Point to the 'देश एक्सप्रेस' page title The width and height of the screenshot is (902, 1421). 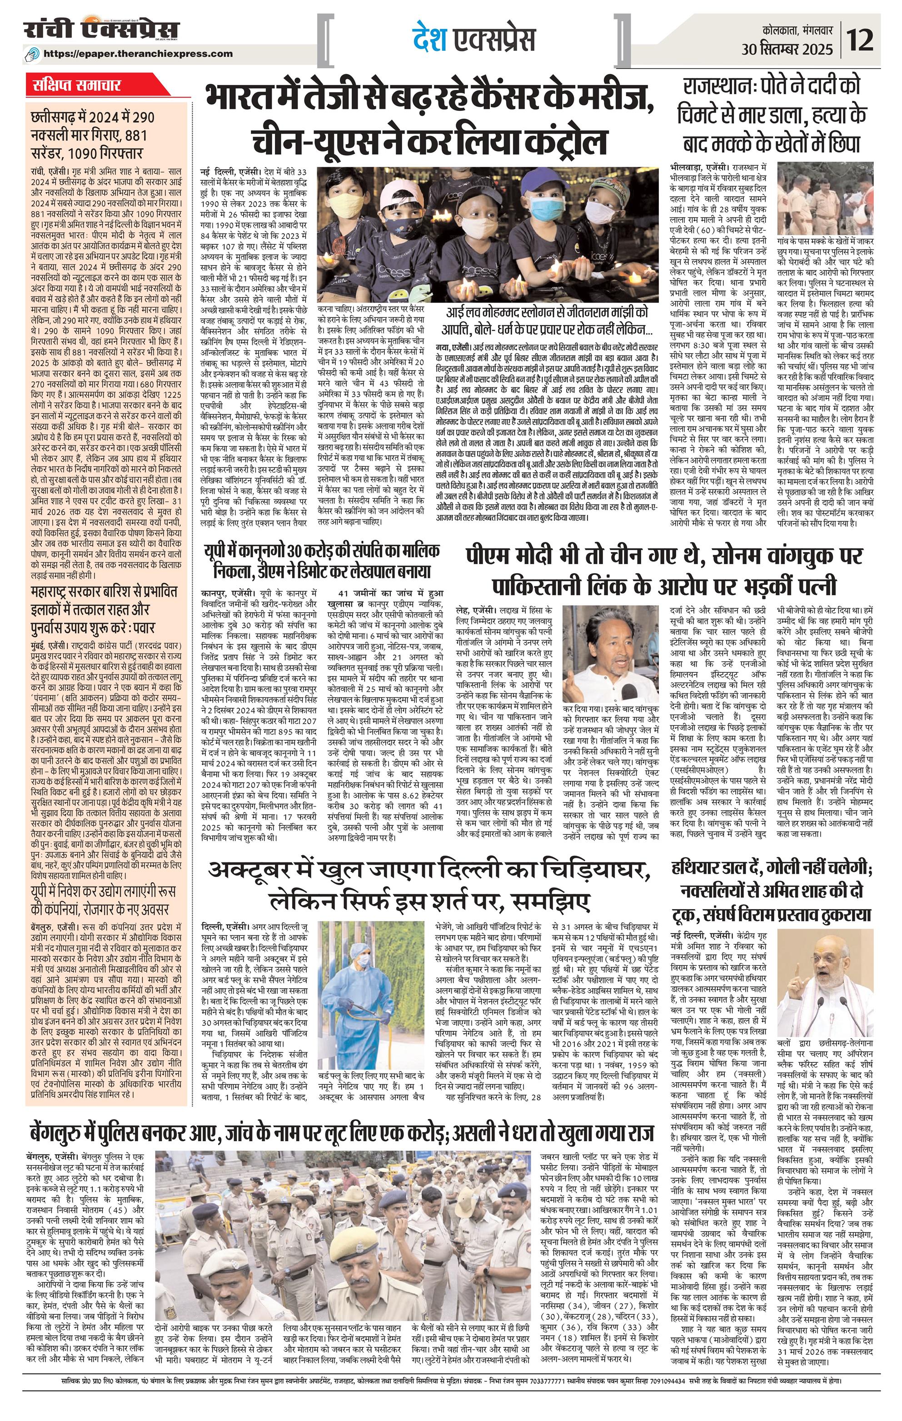pyautogui.click(x=474, y=40)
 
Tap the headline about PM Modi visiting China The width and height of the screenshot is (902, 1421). pyautogui.click(x=663, y=569)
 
